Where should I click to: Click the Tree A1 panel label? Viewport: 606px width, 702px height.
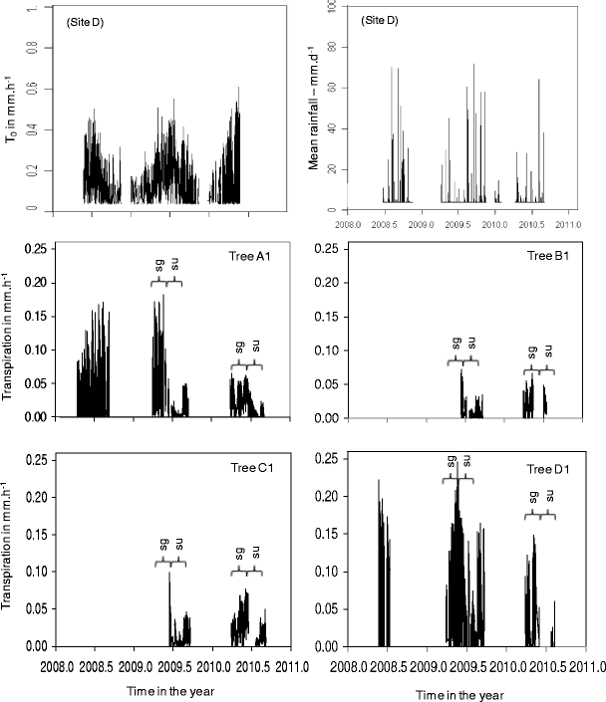pos(248,256)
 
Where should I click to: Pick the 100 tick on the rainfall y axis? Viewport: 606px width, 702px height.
pos(334,9)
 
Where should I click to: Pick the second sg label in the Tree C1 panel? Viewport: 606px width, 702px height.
pos(239,553)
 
